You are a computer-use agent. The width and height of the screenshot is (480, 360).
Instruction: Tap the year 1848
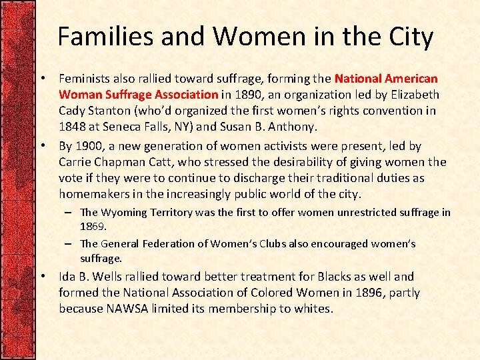73,127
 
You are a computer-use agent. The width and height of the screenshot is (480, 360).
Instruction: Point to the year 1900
89,146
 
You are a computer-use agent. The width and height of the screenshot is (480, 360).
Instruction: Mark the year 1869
92,226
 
